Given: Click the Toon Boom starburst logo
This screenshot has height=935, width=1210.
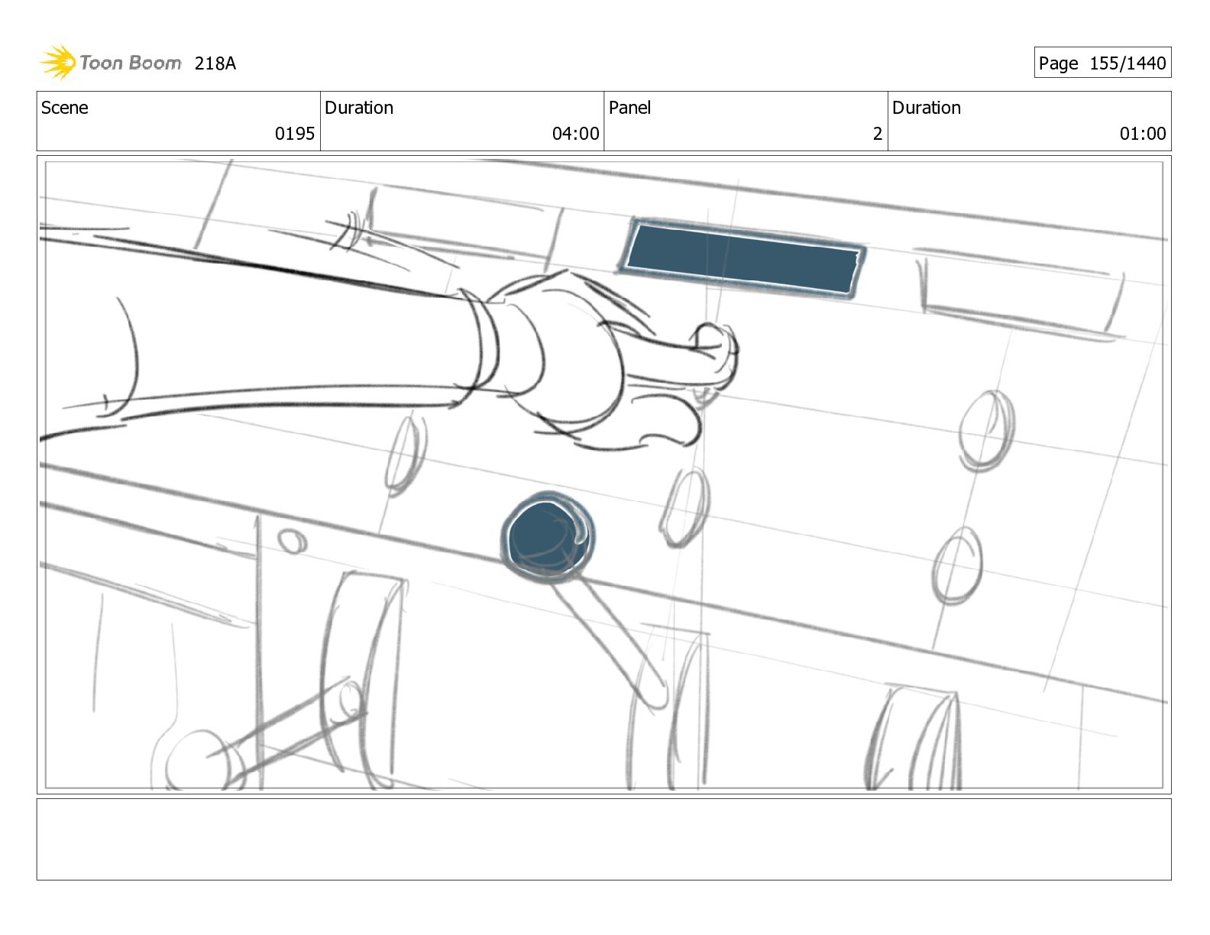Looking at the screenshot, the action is click(x=59, y=62).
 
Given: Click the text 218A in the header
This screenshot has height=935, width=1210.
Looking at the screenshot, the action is click(x=215, y=63).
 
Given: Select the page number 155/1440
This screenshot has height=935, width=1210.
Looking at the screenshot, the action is click(x=1127, y=63).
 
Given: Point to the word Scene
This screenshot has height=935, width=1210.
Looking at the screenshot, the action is click(x=65, y=108).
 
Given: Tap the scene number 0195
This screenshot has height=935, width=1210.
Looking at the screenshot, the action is click(x=295, y=134).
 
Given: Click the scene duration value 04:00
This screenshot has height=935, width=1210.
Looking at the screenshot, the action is click(x=575, y=134).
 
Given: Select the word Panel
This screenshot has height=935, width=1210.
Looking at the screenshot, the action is click(x=629, y=108).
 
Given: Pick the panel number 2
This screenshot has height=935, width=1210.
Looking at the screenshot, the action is click(x=877, y=134).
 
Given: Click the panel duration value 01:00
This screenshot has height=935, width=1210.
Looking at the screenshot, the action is click(x=1143, y=134).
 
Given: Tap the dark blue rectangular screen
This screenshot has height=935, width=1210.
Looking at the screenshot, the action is click(x=742, y=258).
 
